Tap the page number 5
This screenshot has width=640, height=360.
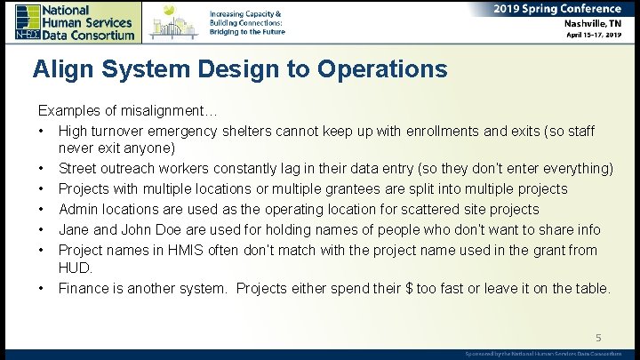point(597,337)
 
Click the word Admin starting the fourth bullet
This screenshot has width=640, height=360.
point(79,209)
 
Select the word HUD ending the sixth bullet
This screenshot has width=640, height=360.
point(74,268)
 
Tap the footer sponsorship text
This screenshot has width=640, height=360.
point(543,353)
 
